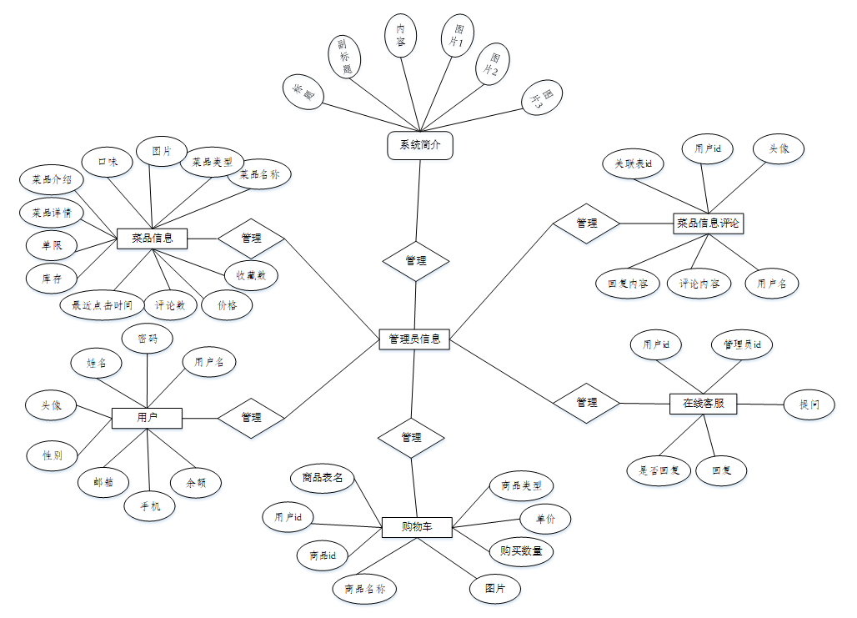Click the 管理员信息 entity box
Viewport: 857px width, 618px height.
click(x=414, y=339)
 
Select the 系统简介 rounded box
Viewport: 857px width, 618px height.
click(x=420, y=145)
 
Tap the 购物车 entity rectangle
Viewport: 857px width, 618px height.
click(x=416, y=527)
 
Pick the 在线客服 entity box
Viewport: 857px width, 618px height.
click(x=703, y=404)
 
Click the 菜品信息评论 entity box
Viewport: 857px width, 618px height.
click(x=708, y=223)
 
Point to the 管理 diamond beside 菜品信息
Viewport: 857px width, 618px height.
click(x=251, y=239)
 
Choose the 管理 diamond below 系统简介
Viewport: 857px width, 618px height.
click(x=416, y=261)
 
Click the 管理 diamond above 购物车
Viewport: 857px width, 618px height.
click(x=411, y=437)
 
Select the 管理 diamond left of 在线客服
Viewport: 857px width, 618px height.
click(x=587, y=402)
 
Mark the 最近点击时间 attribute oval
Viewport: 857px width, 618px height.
click(x=103, y=305)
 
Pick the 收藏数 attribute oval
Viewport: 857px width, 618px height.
click(x=251, y=274)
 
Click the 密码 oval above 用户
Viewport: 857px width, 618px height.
click(x=147, y=339)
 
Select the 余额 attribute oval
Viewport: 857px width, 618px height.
click(x=196, y=482)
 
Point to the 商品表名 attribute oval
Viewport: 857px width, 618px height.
click(x=323, y=478)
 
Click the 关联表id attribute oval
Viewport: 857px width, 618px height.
click(x=633, y=163)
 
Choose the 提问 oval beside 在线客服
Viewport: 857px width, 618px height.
click(x=809, y=404)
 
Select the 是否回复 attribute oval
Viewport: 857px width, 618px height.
click(x=654, y=470)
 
